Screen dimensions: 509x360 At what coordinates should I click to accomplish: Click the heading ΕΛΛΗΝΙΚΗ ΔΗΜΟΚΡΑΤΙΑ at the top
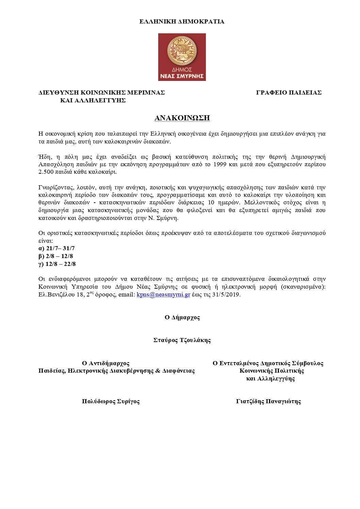click(x=182, y=21)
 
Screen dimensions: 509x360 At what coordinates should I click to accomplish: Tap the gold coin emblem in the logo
click(x=182, y=51)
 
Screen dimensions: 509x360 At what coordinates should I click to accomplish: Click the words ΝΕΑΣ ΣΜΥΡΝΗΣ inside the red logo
click(x=182, y=76)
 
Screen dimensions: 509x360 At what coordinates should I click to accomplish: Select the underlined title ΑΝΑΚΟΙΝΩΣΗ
click(x=182, y=118)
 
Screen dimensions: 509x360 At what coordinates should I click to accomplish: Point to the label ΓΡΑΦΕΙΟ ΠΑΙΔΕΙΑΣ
click(x=289, y=92)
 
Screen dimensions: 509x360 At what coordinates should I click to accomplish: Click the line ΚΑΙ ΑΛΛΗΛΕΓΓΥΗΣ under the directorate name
click(x=93, y=100)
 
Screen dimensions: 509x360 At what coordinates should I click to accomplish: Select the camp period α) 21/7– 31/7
click(x=56, y=248)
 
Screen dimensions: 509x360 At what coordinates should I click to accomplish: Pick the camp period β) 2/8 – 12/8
click(x=56, y=256)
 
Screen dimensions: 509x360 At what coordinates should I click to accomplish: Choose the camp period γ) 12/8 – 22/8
click(x=57, y=264)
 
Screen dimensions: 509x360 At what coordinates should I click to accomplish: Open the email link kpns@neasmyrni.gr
click(x=163, y=294)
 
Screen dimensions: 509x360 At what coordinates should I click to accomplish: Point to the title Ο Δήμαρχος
click(x=182, y=317)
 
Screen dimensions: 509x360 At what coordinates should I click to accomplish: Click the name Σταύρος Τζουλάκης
click(x=182, y=340)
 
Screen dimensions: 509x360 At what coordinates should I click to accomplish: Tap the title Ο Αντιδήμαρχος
click(x=106, y=363)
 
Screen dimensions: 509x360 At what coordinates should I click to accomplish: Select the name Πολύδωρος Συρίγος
click(x=111, y=401)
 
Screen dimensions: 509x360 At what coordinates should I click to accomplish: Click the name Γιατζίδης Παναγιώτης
click(x=268, y=401)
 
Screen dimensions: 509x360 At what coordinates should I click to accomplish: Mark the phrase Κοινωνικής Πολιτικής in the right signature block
click(x=272, y=371)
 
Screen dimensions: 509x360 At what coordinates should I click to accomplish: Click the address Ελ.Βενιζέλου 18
click(x=62, y=294)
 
